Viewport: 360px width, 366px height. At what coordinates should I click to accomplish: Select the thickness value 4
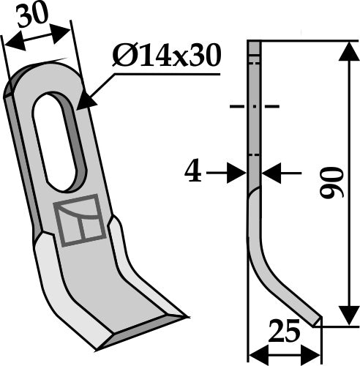tap(192, 173)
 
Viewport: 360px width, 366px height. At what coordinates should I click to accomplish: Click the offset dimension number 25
tap(285, 332)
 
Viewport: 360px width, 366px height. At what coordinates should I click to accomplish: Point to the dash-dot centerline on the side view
tap(254, 108)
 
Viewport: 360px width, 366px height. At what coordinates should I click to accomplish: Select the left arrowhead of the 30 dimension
tap(10, 44)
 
